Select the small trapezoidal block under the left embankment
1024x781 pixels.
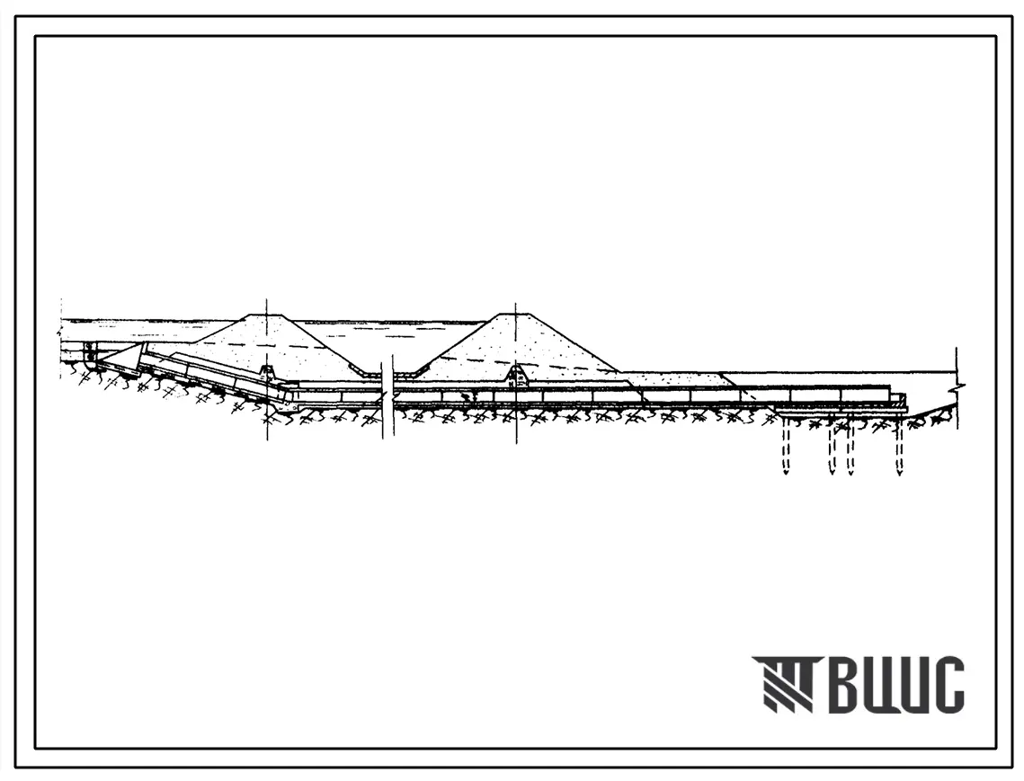pos(269,373)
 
